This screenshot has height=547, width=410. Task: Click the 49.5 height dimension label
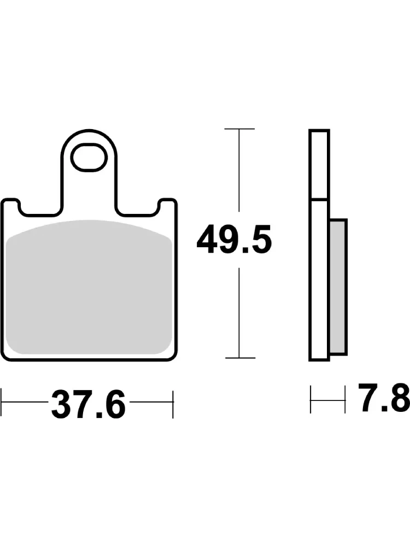coord(234,240)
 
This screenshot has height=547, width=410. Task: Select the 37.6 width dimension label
coord(88,402)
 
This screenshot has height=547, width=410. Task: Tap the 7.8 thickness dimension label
coord(384,397)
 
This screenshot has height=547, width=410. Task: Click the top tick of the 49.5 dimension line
coord(239,129)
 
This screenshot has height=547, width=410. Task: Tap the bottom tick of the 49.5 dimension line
coord(240,358)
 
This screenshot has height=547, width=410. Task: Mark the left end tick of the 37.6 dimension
coord(2,402)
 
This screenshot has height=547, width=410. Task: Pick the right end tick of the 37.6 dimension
coord(173,404)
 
